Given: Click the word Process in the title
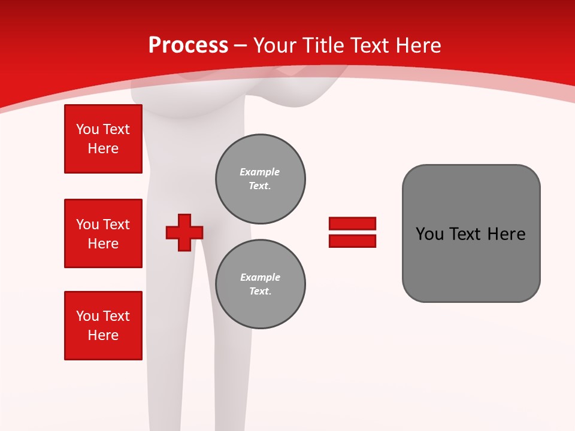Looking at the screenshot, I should [188, 45].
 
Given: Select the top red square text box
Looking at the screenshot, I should [103, 139].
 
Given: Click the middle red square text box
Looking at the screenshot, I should [103, 233].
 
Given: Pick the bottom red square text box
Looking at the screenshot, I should [103, 326].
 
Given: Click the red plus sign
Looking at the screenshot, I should [184, 232].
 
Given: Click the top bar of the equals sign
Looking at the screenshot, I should [352, 223].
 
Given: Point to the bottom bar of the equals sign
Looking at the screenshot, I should [352, 241].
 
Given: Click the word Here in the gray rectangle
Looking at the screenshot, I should [506, 234].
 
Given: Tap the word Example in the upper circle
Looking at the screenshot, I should [260, 172].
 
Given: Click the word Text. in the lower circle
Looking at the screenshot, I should [260, 292].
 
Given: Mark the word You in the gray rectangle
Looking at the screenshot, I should [429, 234].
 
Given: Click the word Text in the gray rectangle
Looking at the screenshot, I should [466, 234].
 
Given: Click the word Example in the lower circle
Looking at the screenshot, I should [260, 277].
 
